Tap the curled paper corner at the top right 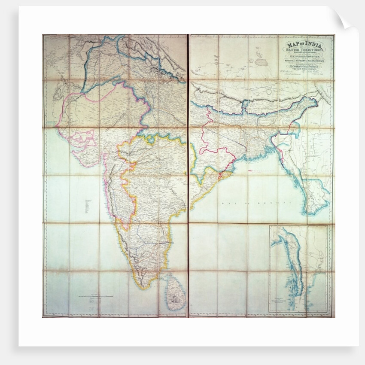(348, 19)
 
